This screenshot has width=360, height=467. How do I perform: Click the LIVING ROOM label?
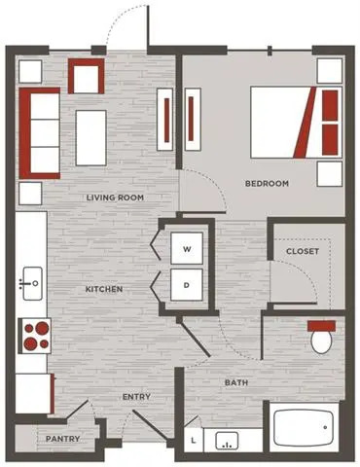pyautogui.click(x=115, y=198)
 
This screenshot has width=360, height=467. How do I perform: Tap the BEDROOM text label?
pyautogui.click(x=267, y=184)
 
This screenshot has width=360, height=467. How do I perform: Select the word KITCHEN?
pyautogui.click(x=104, y=289)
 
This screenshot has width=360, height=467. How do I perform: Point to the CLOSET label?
pyautogui.click(x=303, y=251)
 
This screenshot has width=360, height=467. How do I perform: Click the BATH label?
pyautogui.click(x=236, y=382)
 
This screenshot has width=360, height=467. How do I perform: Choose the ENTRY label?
pyautogui.click(x=136, y=397)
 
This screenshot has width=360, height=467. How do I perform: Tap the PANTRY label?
pyautogui.click(x=62, y=439)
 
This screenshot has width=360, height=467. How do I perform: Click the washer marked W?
pyautogui.click(x=187, y=248)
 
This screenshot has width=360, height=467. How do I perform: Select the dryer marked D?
pyautogui.click(x=187, y=285)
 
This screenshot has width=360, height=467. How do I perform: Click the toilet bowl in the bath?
pyautogui.click(x=321, y=341)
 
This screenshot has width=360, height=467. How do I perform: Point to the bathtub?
pyautogui.click(x=304, y=427)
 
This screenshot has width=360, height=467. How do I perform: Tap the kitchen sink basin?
pyautogui.click(x=32, y=283)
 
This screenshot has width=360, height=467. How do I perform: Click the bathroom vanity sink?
pyautogui.click(x=227, y=441)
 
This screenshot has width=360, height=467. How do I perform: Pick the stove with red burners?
pyautogui.click(x=35, y=336)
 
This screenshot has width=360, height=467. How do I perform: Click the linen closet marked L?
pyautogui.click(x=194, y=440)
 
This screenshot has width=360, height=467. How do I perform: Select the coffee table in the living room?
pyautogui.click(x=91, y=138)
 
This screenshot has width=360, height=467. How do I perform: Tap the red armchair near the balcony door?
pyautogui.click(x=87, y=76)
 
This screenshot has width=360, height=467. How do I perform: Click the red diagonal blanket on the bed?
pyautogui.click(x=305, y=123)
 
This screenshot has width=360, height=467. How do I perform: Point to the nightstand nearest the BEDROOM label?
pyautogui.click(x=330, y=174)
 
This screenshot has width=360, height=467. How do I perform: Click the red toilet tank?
pyautogui.click(x=321, y=326)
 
